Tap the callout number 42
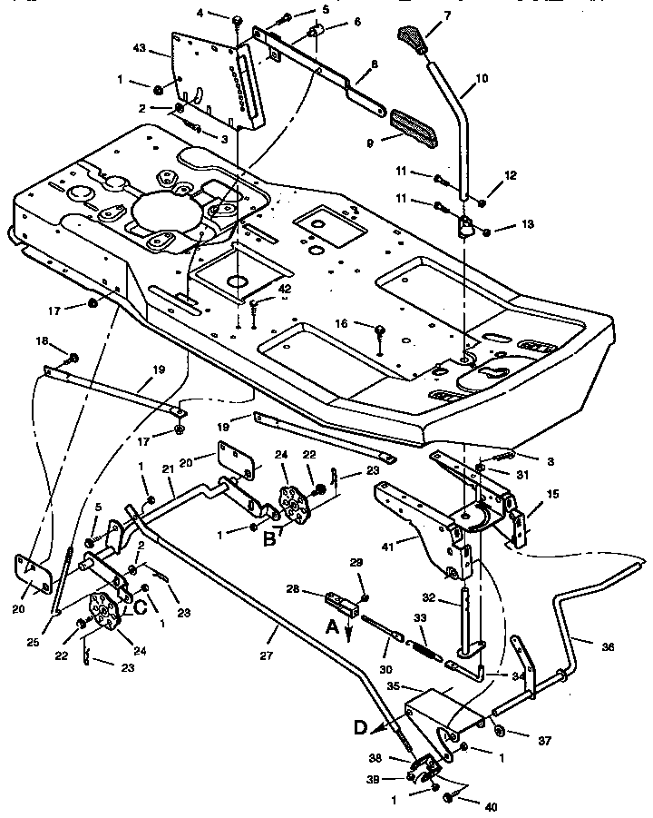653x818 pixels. pos(285,289)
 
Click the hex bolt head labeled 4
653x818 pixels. pos(236,20)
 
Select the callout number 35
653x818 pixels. pos(394,687)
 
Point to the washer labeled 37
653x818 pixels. pos(499,731)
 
